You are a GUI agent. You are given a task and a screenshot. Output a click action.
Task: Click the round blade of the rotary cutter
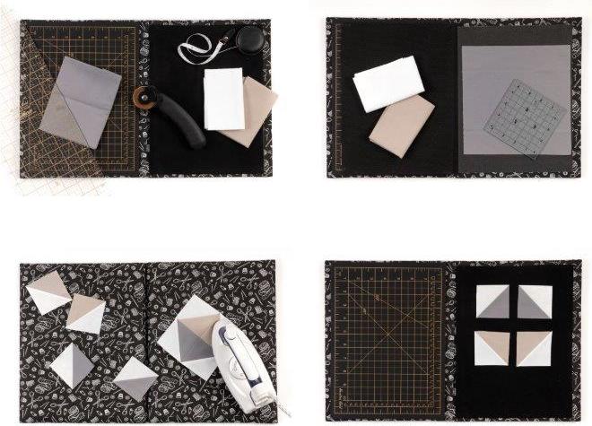tap(141, 95)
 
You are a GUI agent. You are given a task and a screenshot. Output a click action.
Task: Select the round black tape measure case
tap(249, 39)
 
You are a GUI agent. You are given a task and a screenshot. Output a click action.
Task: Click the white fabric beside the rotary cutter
tap(223, 98)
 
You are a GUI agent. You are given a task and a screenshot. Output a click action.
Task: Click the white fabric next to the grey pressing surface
tap(388, 83)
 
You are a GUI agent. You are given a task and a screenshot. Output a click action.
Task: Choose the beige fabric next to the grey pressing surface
tap(402, 126)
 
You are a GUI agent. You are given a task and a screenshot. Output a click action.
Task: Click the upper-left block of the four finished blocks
tap(492, 301)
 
